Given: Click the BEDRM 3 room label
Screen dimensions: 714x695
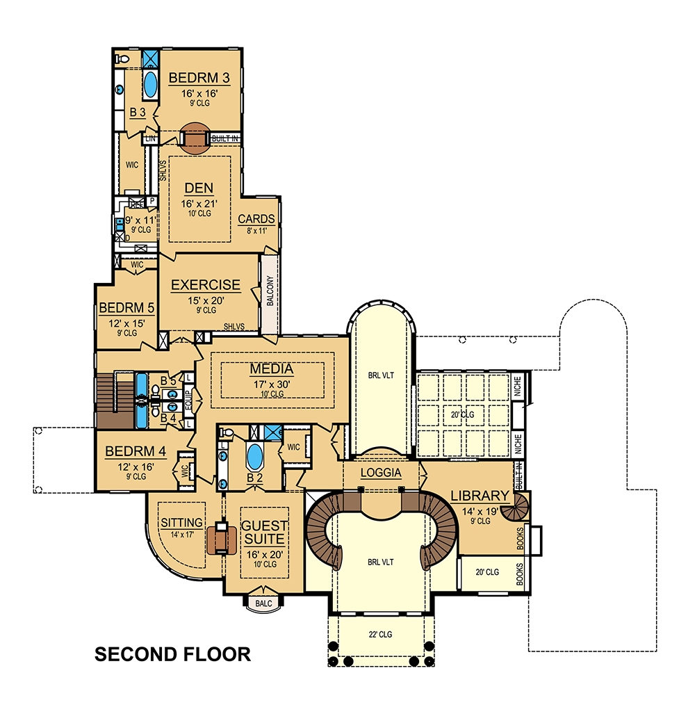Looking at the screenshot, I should point(199,77).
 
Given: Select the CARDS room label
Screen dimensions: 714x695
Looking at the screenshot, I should point(256,219).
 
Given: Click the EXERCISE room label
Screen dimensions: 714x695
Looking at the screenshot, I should point(206,285).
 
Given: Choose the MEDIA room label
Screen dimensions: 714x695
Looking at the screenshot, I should point(271,369).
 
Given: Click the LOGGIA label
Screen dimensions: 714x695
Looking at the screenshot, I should point(381,473).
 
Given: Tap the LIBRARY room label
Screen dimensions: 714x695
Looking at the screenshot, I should point(480,496).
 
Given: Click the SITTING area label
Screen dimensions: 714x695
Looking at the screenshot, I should point(181,522).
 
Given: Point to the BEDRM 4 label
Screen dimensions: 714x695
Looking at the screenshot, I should point(136,452).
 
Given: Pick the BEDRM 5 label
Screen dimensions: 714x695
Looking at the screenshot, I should point(126,307).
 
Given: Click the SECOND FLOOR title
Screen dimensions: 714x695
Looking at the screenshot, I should point(172,654).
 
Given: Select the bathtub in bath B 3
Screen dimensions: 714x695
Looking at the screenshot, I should point(150,85).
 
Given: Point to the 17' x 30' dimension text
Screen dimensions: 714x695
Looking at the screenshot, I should point(271,383).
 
